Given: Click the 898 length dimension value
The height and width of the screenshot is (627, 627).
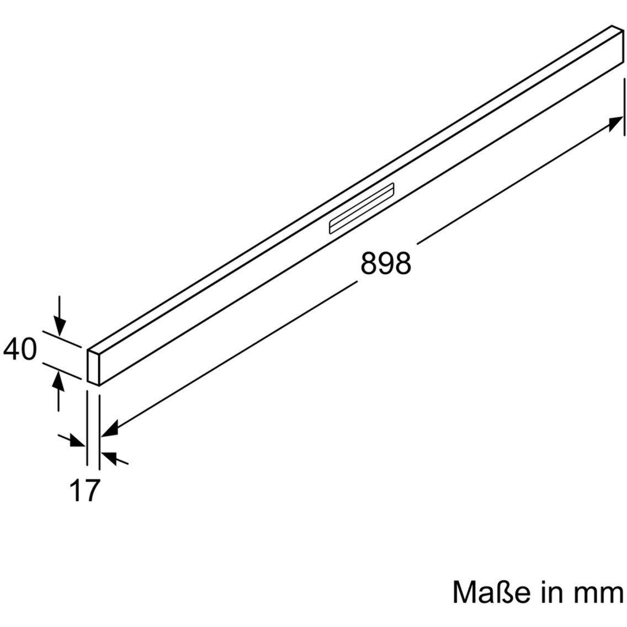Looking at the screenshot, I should (386, 263).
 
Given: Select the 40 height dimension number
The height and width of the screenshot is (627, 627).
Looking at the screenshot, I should (20, 349).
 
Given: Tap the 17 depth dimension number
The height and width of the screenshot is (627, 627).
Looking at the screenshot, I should (84, 490).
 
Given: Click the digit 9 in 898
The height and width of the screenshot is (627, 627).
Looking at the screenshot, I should (386, 263).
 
